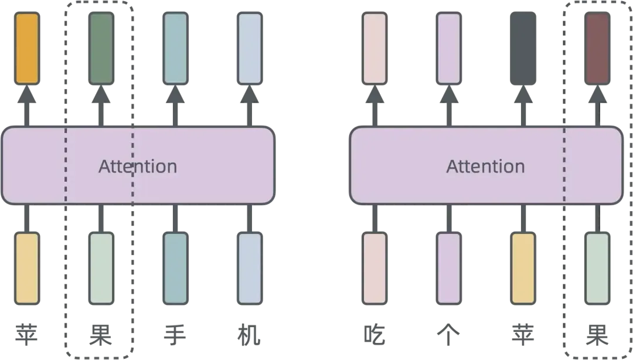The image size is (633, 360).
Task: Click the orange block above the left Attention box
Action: point(27,48)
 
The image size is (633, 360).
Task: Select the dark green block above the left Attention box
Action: point(101,48)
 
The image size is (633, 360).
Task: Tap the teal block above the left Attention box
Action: point(175,48)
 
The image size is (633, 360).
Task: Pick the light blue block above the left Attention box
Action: point(250,48)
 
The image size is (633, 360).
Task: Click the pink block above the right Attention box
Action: point(375,48)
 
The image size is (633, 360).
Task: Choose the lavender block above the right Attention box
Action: point(449,48)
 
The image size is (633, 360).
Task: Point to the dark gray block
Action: point(523,48)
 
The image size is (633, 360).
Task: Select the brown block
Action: point(597,48)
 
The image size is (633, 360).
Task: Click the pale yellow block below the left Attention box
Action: point(27,268)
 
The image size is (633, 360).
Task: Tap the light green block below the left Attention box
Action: point(101,268)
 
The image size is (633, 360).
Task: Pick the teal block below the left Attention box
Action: point(175,268)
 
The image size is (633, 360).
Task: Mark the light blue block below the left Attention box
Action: point(250,268)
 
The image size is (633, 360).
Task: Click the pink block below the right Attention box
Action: point(375,268)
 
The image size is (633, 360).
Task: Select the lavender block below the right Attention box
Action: point(449,268)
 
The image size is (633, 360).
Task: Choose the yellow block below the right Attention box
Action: point(523,268)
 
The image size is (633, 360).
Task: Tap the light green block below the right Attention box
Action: point(597,268)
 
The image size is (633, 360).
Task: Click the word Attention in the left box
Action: point(137,167)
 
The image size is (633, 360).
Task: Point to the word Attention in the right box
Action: point(485,167)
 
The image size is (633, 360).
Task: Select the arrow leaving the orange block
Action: point(27,106)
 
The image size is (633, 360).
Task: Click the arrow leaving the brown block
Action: point(597,106)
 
